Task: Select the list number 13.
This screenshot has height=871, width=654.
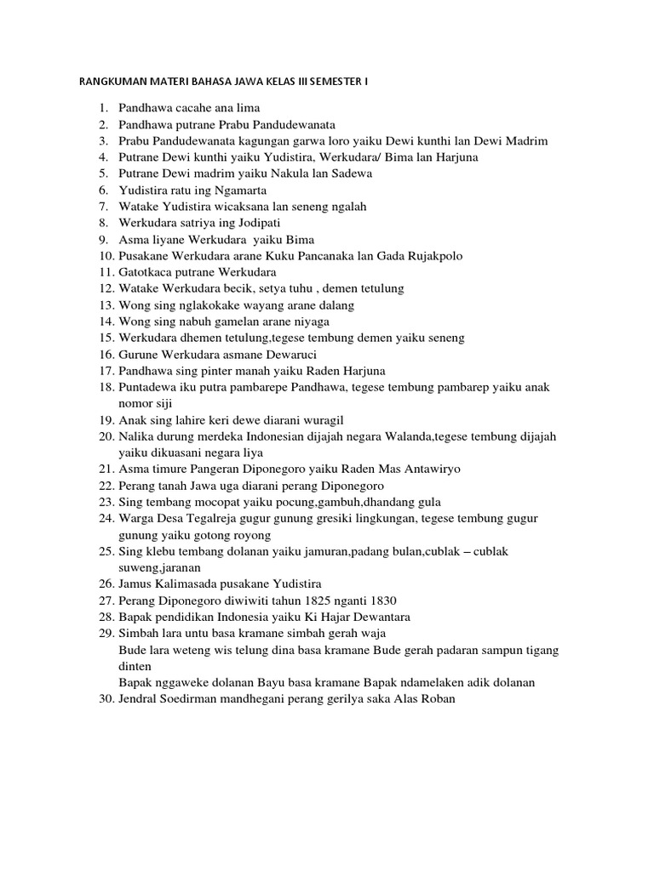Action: coord(106,305)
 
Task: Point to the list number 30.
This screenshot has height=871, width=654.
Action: coord(106,699)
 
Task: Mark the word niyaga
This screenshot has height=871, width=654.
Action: coord(311,322)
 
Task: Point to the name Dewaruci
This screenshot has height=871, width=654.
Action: coord(294,355)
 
